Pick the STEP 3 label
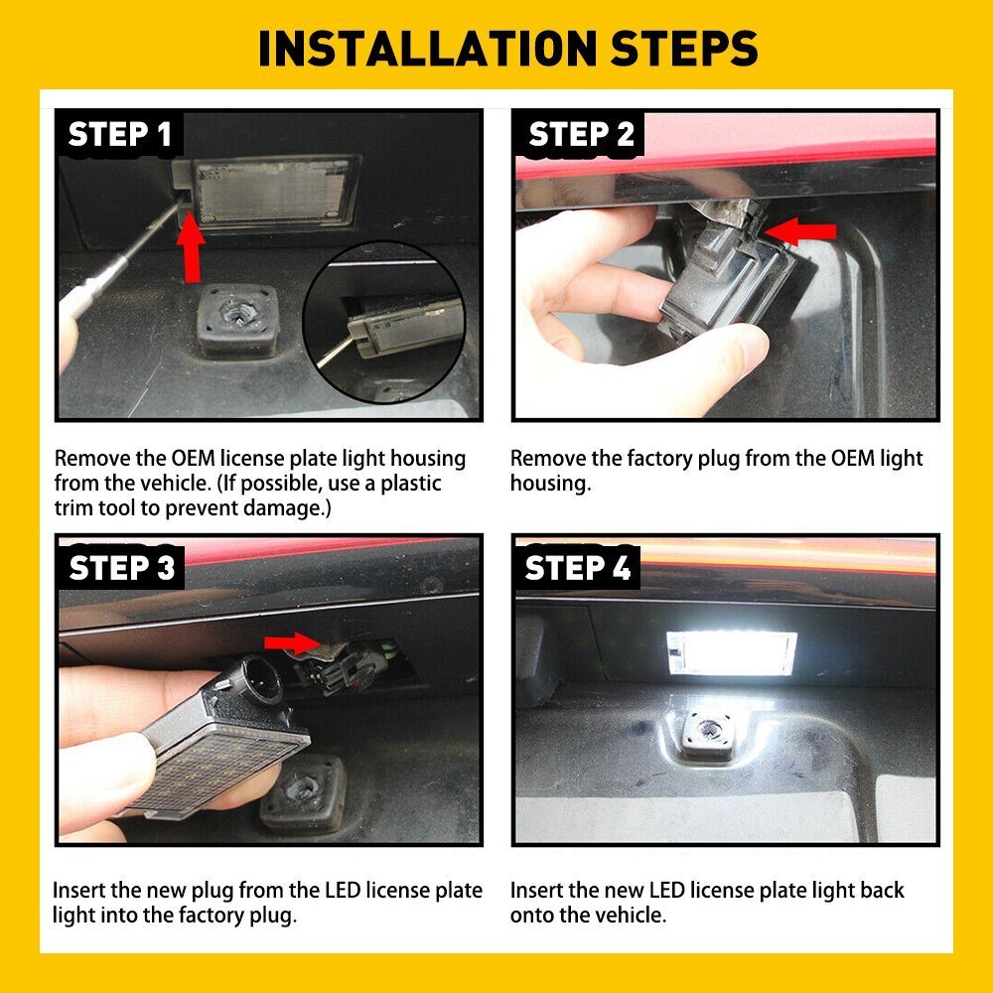tap(121, 568)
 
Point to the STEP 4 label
tap(577, 568)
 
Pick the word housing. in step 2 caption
tap(550, 484)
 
